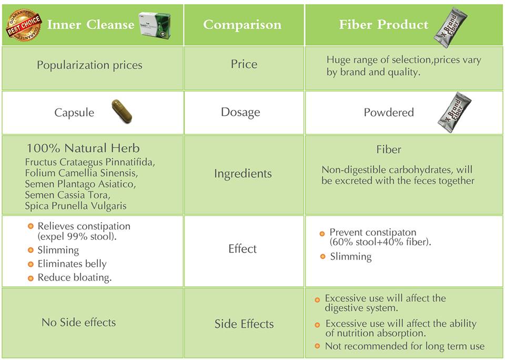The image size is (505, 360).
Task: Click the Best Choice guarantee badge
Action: (23, 25)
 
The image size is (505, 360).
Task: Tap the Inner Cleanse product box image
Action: (155, 24)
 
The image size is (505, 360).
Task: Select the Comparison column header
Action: (242, 25)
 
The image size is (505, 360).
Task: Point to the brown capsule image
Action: (122, 111)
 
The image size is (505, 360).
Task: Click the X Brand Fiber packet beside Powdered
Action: (454, 112)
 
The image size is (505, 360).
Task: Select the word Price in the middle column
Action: (244, 64)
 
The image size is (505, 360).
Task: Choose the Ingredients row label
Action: (243, 174)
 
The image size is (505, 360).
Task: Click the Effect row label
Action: (243, 248)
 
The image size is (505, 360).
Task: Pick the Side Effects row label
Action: (244, 324)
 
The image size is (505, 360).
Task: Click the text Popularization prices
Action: (89, 65)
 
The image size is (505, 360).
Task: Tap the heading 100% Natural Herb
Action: (83, 148)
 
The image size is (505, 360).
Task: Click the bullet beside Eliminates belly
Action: (31, 264)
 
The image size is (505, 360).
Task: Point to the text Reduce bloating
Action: (74, 278)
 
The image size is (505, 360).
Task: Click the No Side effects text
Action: (78, 322)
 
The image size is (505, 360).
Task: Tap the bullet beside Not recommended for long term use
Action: (317, 346)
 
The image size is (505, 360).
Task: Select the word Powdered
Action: (388, 113)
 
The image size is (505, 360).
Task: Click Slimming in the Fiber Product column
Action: (350, 257)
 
